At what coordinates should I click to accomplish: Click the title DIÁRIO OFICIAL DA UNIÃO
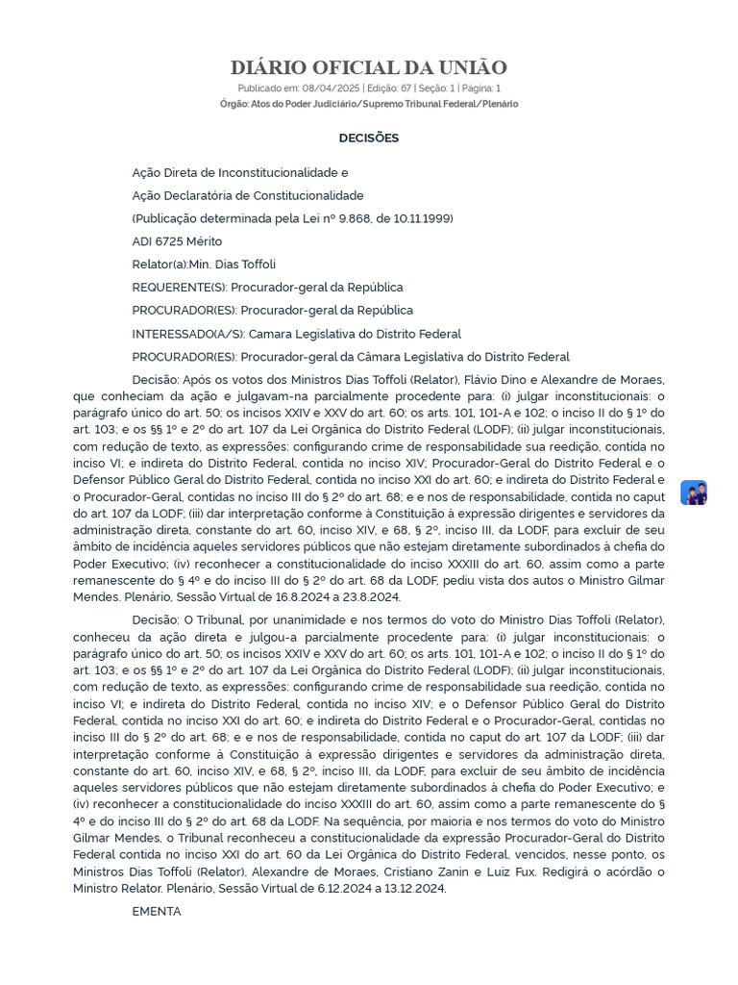tap(368, 67)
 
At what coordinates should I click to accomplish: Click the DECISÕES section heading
tap(368, 138)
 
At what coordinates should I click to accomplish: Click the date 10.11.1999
tap(420, 218)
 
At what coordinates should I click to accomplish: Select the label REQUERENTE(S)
tap(176, 288)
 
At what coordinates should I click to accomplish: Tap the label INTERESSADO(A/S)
tap(187, 334)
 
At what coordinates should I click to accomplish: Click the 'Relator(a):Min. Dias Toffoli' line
tap(204, 265)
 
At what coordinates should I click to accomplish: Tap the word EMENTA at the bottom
tap(157, 911)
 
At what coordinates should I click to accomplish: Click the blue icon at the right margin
tap(694, 492)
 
